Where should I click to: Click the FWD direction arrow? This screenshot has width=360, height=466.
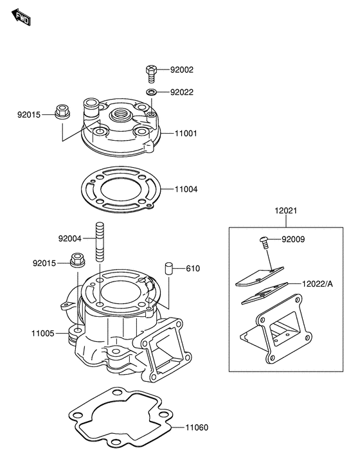[x=21, y=17]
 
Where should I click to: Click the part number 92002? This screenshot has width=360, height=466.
[x=182, y=69]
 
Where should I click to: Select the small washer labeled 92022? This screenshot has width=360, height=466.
[x=151, y=92]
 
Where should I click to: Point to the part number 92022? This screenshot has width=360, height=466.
[x=182, y=92]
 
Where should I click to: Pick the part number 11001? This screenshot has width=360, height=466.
[x=186, y=134]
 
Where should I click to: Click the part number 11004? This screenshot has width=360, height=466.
[x=186, y=189]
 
